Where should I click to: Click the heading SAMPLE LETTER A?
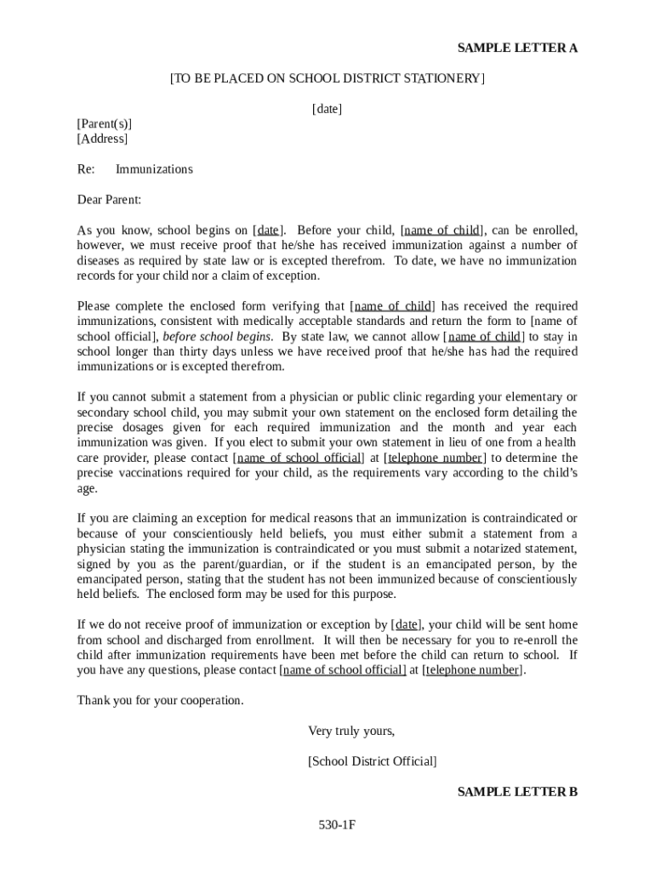pos(517,48)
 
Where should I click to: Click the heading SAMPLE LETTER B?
pos(517,792)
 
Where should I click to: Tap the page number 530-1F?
pos(336,825)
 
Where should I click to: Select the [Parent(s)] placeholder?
pos(105,123)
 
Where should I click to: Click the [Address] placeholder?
pos(102,139)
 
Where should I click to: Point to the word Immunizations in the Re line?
pos(154,169)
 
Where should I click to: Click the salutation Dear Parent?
pos(109,200)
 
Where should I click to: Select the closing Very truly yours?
pos(351,731)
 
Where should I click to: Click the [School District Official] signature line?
pos(373,761)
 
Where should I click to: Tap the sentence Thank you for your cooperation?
pos(160,700)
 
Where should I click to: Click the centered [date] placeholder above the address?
pos(327,108)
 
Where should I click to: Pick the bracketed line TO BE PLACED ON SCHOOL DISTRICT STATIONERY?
pos(327,79)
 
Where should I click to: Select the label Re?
pos(86,169)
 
